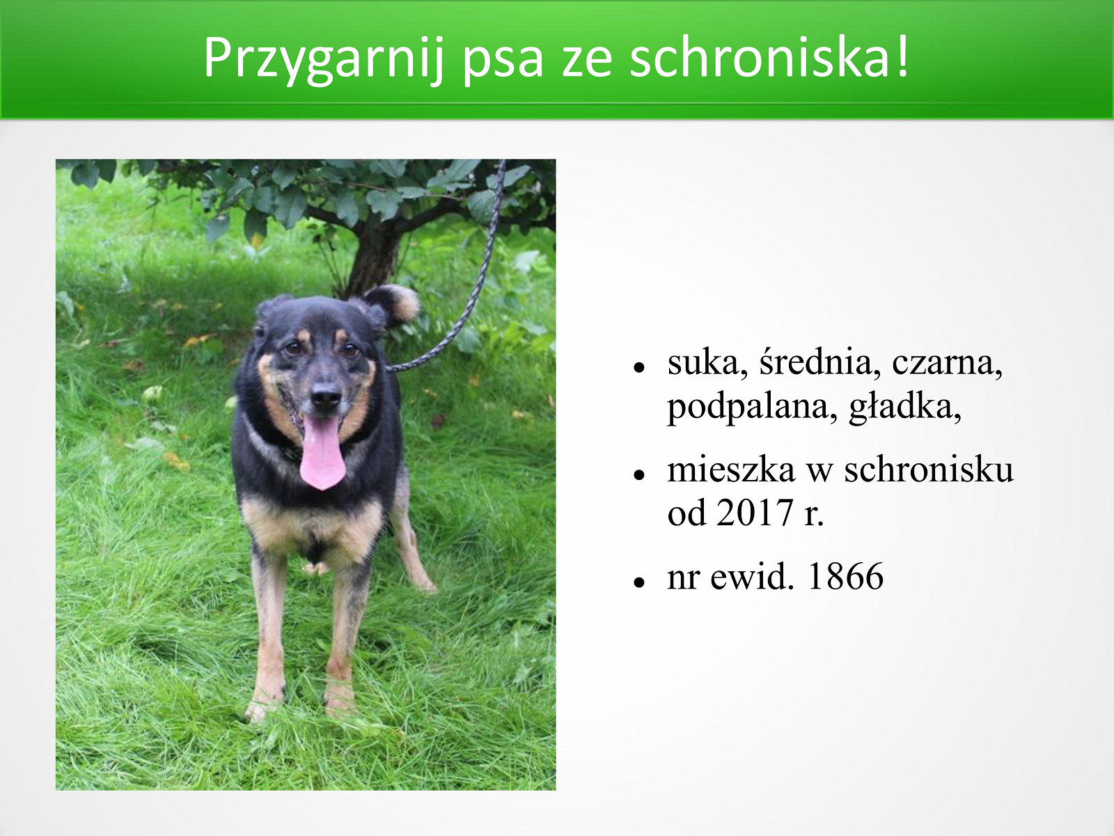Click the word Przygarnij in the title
(x=324, y=59)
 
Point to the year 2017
(x=755, y=513)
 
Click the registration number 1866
(x=845, y=576)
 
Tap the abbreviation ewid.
(x=752, y=576)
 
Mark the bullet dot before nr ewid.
(x=639, y=582)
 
